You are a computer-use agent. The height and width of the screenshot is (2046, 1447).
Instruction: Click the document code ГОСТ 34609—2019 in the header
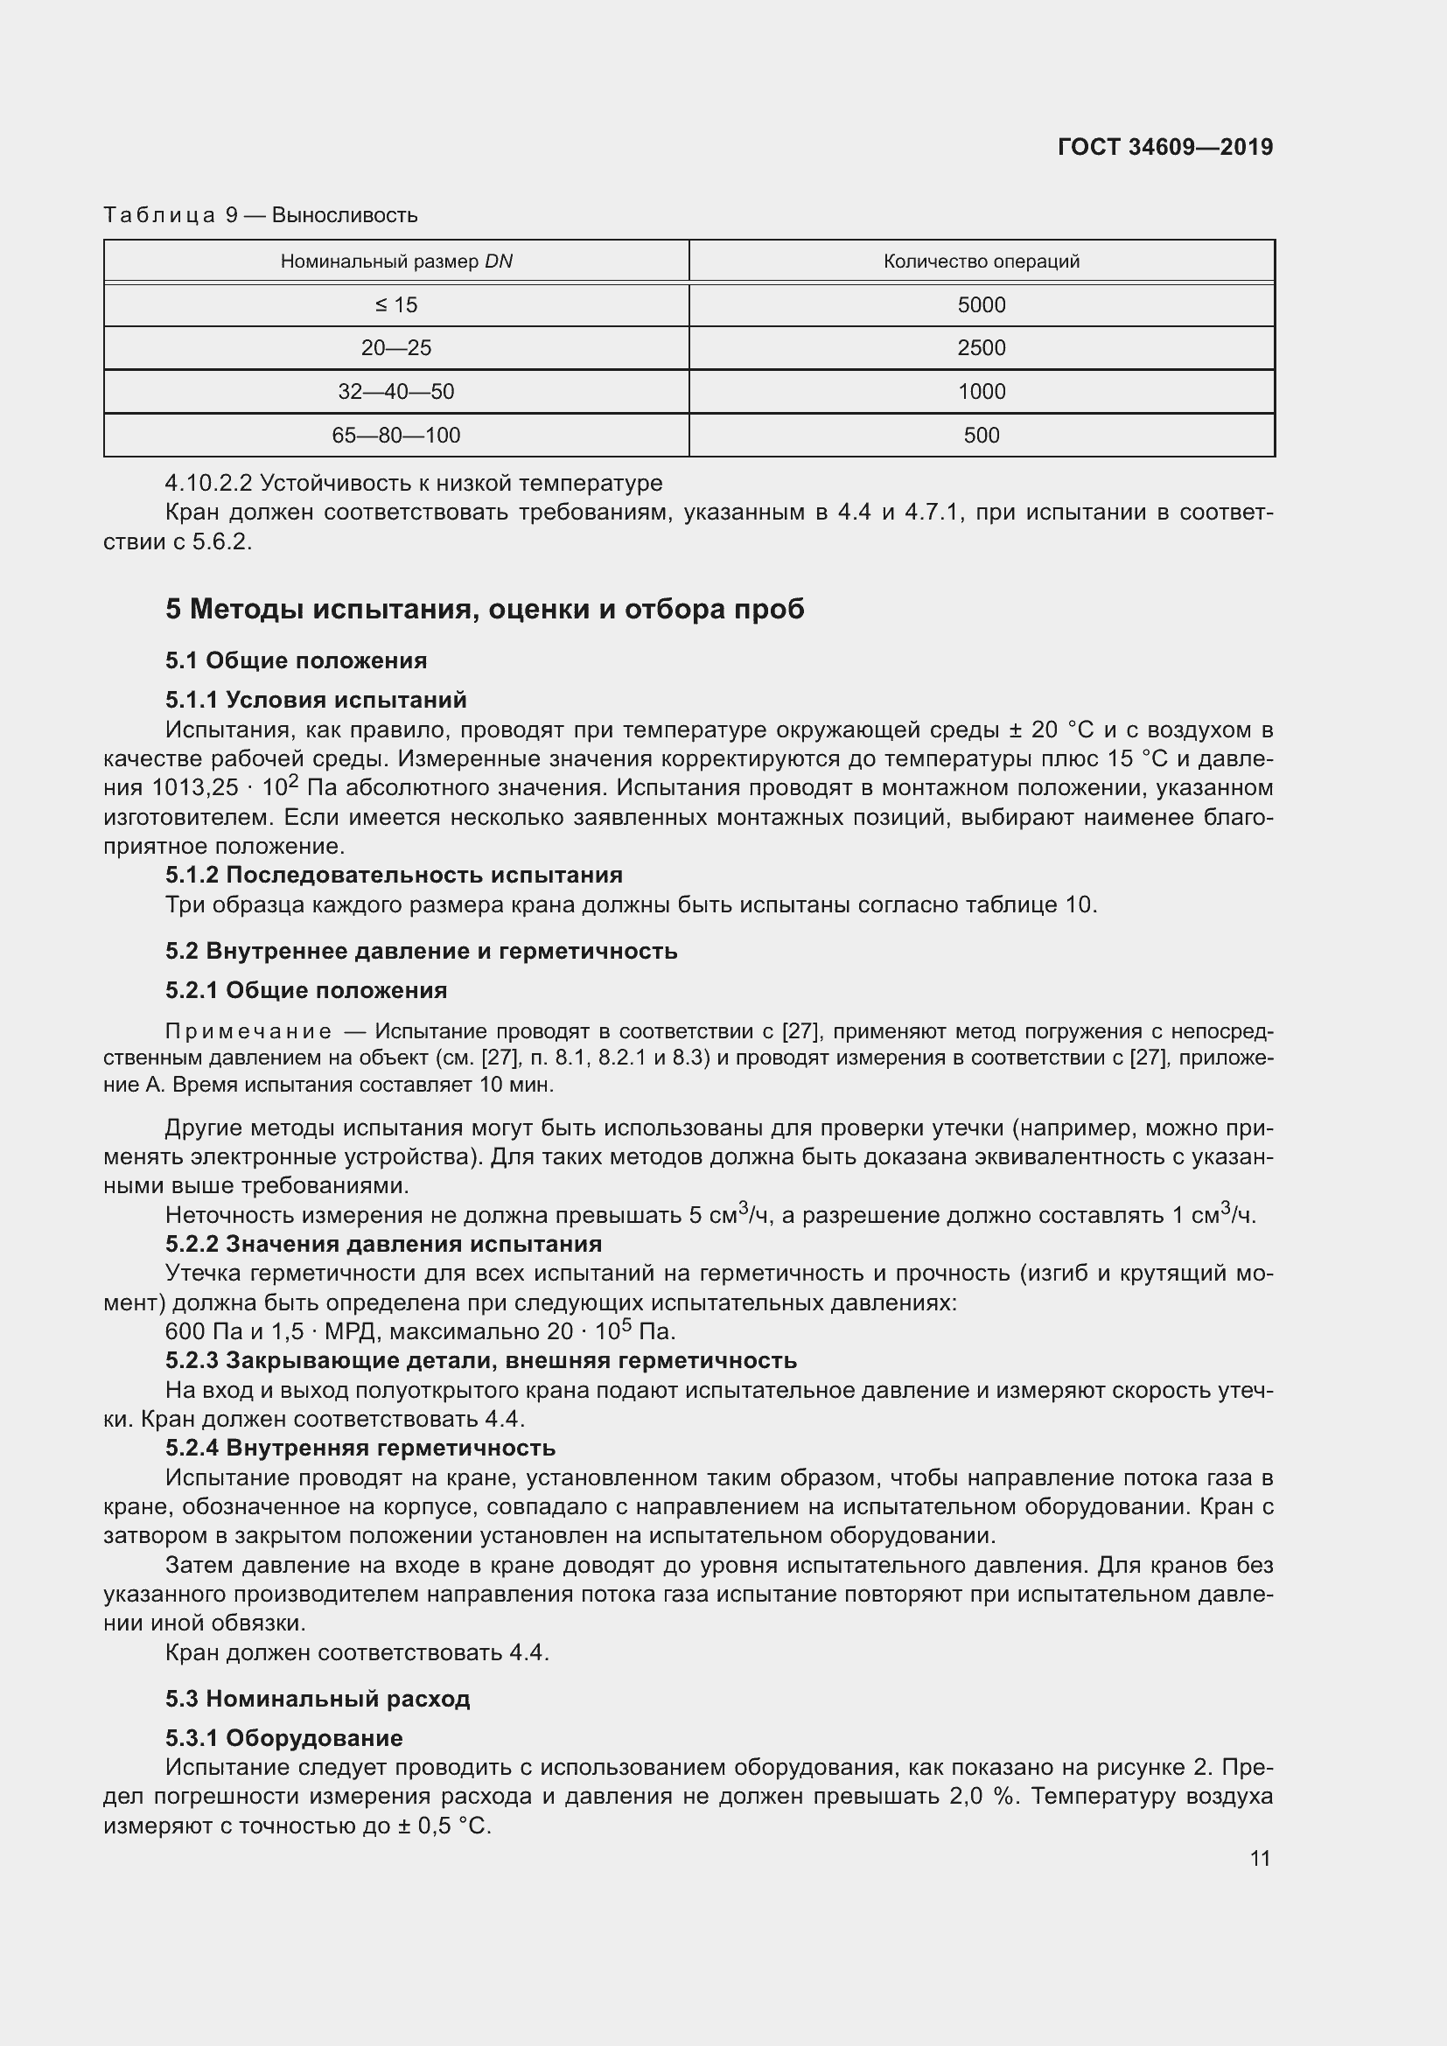tap(1164, 147)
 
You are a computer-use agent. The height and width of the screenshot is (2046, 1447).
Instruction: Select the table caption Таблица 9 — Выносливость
tap(260, 215)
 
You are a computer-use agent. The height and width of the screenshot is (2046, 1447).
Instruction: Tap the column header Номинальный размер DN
tap(396, 261)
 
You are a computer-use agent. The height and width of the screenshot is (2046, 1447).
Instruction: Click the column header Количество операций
tap(981, 261)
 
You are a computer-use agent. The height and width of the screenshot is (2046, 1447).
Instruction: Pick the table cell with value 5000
tap(981, 304)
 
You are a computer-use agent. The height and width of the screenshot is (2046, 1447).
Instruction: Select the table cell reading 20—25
tap(396, 347)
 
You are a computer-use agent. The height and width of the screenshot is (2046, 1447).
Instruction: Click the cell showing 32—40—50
tap(396, 391)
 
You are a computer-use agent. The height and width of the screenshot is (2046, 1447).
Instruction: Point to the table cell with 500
tap(981, 435)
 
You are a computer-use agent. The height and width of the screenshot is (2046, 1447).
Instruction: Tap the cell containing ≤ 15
tap(396, 304)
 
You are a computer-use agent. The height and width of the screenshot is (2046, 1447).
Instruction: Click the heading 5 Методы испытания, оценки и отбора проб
tap(485, 609)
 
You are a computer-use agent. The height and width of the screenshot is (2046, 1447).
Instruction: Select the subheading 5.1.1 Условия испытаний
tap(316, 700)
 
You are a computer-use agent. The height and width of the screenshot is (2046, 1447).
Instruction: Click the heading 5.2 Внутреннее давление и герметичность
tap(421, 951)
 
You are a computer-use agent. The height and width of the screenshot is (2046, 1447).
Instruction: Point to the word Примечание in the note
tap(248, 1032)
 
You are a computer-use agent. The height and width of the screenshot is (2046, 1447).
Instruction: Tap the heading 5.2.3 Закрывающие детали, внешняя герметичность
tap(480, 1361)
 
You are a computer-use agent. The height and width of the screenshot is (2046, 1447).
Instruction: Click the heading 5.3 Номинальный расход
tap(318, 1699)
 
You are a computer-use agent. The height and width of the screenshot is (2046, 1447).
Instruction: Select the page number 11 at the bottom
tap(1260, 1858)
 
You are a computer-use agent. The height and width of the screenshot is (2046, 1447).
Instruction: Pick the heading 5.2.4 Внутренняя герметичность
tap(360, 1448)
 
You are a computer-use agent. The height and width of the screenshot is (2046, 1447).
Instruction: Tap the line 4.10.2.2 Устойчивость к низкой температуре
tap(414, 483)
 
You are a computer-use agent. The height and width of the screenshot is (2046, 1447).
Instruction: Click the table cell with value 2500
tap(981, 347)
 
